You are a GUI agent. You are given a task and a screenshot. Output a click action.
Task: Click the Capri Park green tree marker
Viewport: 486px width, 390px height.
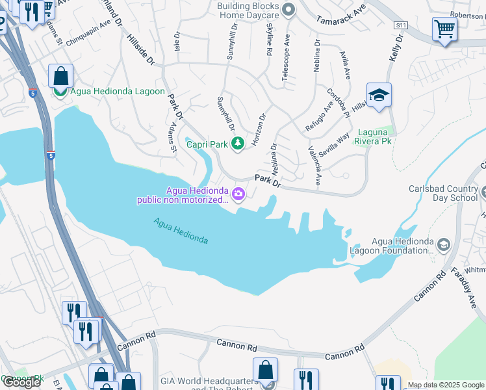click(x=238, y=144)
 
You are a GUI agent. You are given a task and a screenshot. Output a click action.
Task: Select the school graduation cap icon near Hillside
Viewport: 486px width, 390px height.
click(x=379, y=96)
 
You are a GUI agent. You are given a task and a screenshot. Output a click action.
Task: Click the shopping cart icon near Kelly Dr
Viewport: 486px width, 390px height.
click(x=444, y=29)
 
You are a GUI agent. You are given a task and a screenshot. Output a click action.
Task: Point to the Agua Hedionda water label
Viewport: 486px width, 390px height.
click(x=181, y=231)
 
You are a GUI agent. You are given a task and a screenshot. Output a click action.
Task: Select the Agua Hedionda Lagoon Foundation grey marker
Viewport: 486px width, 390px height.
click(x=444, y=245)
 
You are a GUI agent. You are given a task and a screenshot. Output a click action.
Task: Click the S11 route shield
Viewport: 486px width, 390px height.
click(x=400, y=25)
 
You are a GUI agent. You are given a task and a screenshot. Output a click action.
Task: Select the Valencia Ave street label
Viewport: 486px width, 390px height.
click(x=314, y=166)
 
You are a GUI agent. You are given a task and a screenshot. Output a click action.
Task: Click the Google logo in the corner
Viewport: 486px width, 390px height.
click(x=21, y=382)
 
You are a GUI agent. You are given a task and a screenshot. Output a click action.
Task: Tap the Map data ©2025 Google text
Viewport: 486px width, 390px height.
click(x=446, y=385)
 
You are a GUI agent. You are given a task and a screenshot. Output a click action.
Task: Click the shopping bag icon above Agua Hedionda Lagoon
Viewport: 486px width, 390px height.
click(x=60, y=76)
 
